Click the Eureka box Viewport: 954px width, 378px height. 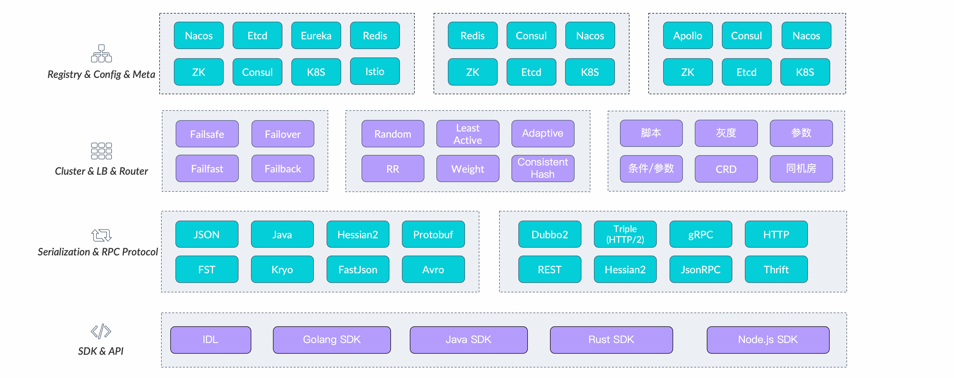pos(316,36)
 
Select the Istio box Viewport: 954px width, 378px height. pos(375,72)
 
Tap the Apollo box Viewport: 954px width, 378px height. pos(688,36)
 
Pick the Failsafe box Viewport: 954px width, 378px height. pos(207,134)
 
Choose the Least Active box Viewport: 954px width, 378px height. pos(468,134)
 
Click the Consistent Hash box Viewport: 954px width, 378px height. pos(543,168)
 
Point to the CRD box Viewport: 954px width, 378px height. pos(726,169)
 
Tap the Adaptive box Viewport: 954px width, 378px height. pos(543,133)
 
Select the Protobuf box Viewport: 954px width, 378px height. pos(433,234)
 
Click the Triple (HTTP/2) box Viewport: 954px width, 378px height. pos(625,234)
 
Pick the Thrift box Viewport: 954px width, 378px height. pos(776,269)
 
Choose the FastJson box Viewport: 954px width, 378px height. pos(358,269)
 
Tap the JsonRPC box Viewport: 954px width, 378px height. pos(701,269)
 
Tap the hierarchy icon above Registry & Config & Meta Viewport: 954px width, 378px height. pos(101,54)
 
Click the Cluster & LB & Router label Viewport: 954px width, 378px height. pos(101,171)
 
